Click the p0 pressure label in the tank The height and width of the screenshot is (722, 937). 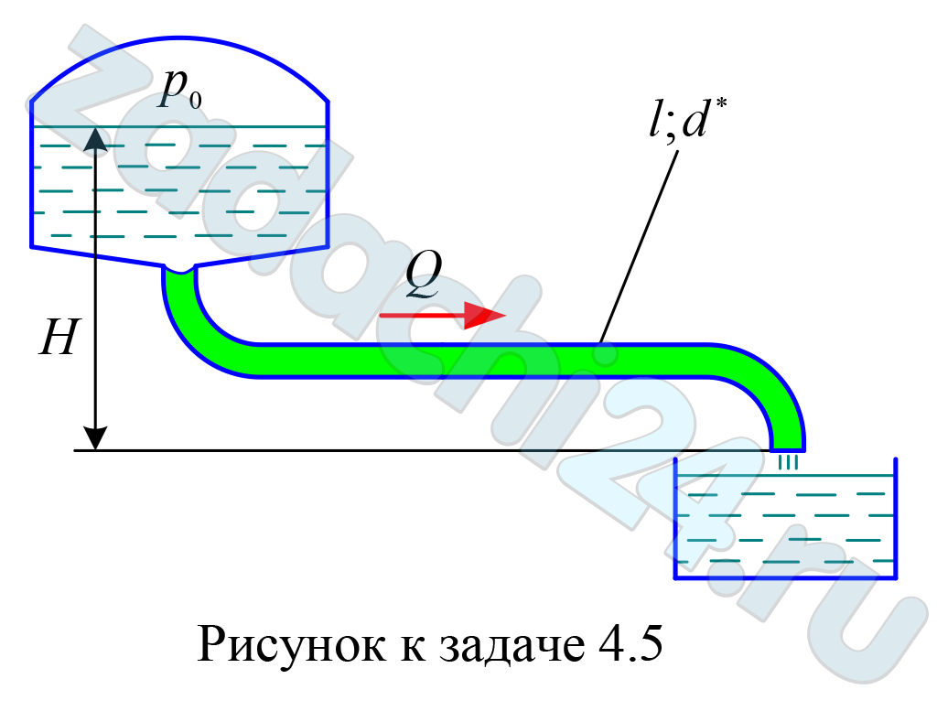tap(180, 91)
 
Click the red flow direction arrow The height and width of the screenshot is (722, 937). tap(443, 315)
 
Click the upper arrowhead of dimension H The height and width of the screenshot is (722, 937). tap(95, 139)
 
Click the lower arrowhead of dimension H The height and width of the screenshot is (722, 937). tap(95, 438)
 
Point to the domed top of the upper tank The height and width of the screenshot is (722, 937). tap(179, 39)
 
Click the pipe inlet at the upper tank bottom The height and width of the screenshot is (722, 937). tap(178, 270)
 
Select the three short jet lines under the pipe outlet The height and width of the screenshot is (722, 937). tap(788, 462)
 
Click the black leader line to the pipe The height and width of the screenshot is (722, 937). tap(639, 247)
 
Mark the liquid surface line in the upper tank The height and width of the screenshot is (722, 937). tap(179, 126)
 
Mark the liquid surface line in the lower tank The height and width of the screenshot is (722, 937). tap(785, 475)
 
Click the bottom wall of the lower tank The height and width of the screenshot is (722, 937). tap(785, 577)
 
